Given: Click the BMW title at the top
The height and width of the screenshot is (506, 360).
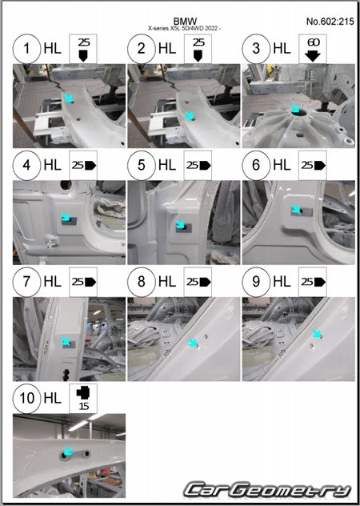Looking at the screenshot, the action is tap(185, 22).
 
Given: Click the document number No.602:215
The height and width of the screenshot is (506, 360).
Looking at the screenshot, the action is tap(330, 22).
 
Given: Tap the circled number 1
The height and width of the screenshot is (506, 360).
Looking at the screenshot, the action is tap(26, 48).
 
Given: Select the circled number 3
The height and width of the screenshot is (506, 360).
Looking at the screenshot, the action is tap(256, 48).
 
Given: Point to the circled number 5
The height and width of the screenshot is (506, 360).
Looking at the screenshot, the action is tap(142, 165).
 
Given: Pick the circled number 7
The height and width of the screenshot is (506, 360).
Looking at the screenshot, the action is tap(26, 282).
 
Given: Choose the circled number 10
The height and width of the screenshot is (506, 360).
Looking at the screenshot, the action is tap(26, 398).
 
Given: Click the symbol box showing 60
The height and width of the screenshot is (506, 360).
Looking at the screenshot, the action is tap(313, 49).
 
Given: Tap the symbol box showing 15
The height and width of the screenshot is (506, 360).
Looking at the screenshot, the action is tap(83, 399).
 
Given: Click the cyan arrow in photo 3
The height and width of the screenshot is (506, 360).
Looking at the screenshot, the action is tap(295, 108).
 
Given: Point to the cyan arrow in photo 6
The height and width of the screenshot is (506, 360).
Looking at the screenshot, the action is tap(295, 210).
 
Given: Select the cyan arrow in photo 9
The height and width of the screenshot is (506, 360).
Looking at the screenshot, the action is tap(317, 334).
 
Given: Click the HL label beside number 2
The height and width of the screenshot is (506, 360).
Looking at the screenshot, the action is tap(167, 49).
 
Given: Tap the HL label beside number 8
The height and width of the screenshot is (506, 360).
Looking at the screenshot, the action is tap(167, 282).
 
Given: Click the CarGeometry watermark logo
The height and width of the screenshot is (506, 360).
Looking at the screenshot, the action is tap(267, 490).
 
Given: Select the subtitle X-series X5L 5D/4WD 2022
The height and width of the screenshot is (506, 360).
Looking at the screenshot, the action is tap(185, 28).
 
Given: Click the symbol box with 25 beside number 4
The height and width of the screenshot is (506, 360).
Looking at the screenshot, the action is tap(83, 165).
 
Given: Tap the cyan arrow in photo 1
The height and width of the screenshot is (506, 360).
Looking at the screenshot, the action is tap(68, 98).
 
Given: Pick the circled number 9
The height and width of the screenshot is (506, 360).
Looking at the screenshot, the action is tap(256, 282).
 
